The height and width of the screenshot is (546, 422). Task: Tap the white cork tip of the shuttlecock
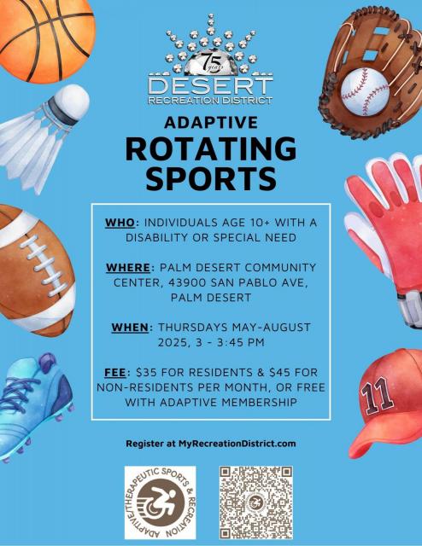pyautogui.click(x=73, y=102)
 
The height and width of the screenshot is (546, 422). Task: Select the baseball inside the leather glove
pyautogui.click(x=365, y=91)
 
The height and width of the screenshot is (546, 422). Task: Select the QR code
pyautogui.click(x=256, y=502)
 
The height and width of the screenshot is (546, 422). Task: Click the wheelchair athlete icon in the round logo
pyautogui.click(x=161, y=502)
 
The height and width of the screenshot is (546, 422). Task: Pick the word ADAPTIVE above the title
pyautogui.click(x=211, y=122)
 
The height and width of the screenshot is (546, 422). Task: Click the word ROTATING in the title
pyautogui.click(x=211, y=148)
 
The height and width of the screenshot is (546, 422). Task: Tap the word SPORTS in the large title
pyautogui.click(x=211, y=177)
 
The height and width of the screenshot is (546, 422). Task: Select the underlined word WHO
pyautogui.click(x=120, y=223)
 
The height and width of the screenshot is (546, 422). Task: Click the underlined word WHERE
pyautogui.click(x=128, y=267)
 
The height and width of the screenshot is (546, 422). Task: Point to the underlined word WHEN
pyautogui.click(x=130, y=328)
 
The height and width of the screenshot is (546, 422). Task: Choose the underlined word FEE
pyautogui.click(x=115, y=373)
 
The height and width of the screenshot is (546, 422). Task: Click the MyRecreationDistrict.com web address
pyautogui.click(x=237, y=444)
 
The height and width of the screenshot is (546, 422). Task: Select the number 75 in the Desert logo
pyautogui.click(x=211, y=61)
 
